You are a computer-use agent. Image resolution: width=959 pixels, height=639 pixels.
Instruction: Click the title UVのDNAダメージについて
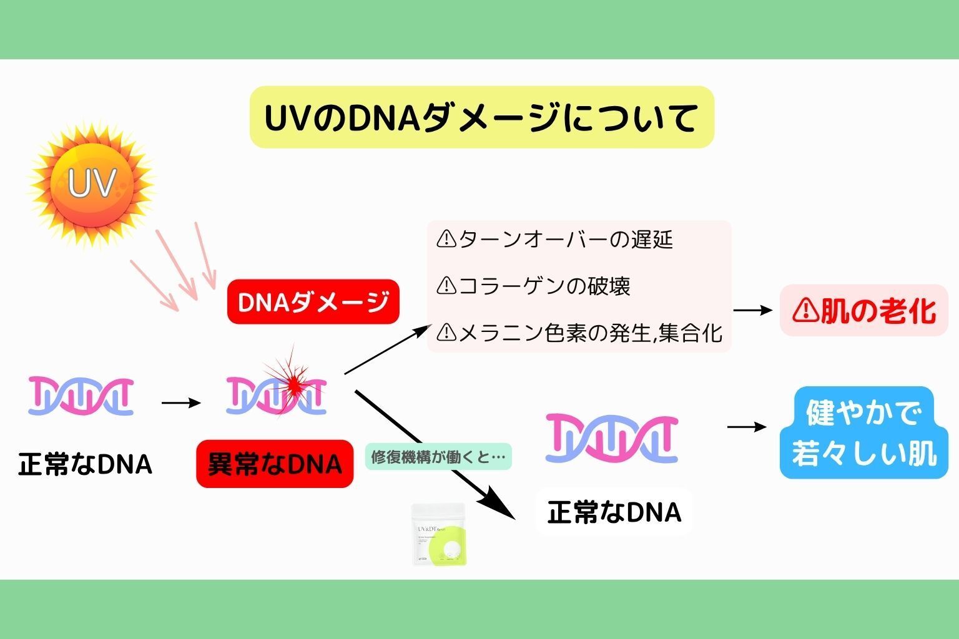click(x=481, y=117)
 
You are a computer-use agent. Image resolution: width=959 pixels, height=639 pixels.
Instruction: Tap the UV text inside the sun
click(x=92, y=183)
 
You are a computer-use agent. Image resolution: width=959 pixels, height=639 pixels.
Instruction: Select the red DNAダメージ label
click(x=313, y=302)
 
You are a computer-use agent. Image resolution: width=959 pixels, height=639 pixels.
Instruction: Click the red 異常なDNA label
click(x=275, y=464)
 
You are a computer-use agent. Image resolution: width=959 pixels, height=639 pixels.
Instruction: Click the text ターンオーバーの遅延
click(x=565, y=239)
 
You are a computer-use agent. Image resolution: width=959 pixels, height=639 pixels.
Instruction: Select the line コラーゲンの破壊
click(x=544, y=286)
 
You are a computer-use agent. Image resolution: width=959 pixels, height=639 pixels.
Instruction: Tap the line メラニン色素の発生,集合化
click(x=590, y=333)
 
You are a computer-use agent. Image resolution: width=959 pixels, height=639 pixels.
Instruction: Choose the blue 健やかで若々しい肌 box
click(x=863, y=433)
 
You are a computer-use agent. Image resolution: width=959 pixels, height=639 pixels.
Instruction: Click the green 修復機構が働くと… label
click(x=438, y=457)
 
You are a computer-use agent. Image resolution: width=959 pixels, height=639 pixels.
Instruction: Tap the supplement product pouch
click(x=439, y=534)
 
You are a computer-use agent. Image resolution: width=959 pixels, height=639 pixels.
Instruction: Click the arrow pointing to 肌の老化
click(x=753, y=310)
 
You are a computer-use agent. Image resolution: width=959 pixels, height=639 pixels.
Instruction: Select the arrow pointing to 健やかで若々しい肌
click(x=747, y=427)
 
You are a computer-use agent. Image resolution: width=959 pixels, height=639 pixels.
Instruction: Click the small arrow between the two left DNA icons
click(x=181, y=403)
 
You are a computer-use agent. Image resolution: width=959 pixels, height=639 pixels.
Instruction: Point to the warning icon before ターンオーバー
click(x=446, y=239)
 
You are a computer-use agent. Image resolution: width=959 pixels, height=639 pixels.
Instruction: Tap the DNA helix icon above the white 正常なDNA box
click(x=611, y=437)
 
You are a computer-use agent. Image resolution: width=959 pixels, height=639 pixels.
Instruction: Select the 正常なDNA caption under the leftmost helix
click(x=86, y=464)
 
